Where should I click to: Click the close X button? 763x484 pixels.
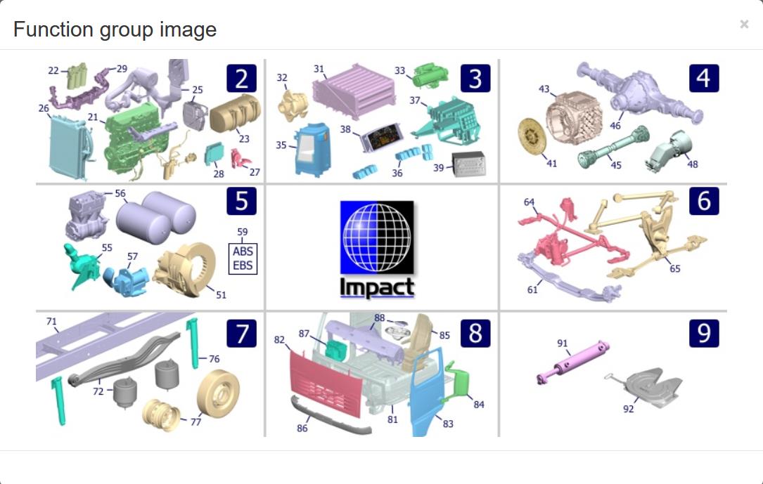(x=744, y=24)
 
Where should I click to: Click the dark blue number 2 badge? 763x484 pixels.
(x=241, y=78)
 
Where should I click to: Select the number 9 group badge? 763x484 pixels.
(x=704, y=333)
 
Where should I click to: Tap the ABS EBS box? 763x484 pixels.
(x=243, y=259)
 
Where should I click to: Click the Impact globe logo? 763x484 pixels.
(x=377, y=249)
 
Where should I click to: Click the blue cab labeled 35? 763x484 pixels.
(x=312, y=149)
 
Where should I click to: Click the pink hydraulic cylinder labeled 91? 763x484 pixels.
(x=572, y=362)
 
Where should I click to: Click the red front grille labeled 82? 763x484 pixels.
(x=325, y=384)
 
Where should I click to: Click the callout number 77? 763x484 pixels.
(x=195, y=421)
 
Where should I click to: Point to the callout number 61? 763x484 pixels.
(x=532, y=289)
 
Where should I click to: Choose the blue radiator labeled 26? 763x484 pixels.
(x=69, y=148)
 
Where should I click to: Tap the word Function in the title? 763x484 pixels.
(x=54, y=30)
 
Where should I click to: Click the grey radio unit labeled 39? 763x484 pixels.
(x=468, y=164)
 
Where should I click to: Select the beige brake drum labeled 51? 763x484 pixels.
(x=186, y=269)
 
